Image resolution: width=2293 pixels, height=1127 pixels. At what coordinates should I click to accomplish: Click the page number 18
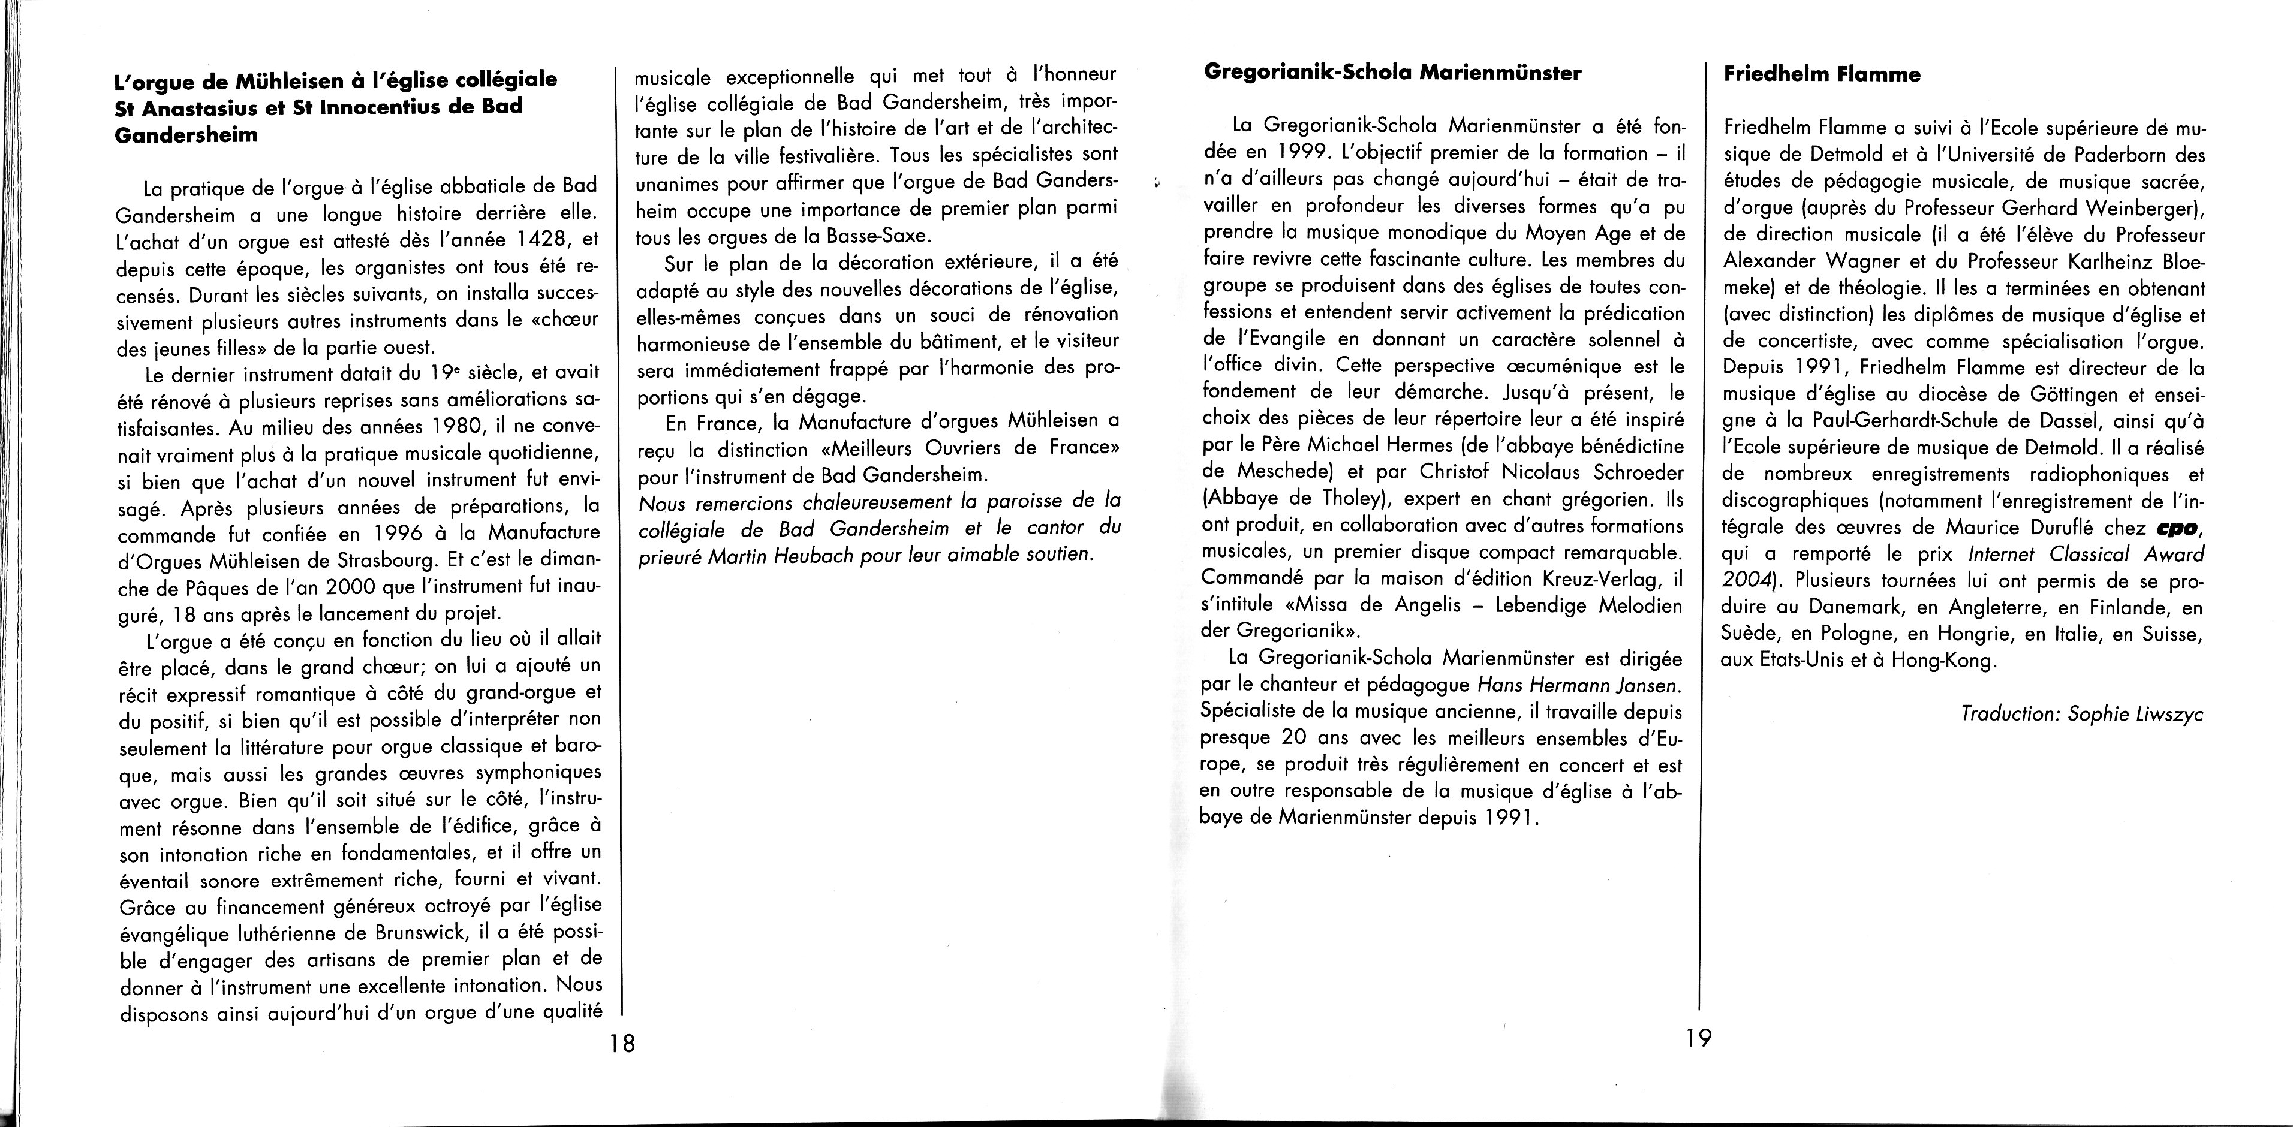click(x=622, y=1042)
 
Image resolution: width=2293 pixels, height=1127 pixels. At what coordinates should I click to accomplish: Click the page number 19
click(x=1698, y=1038)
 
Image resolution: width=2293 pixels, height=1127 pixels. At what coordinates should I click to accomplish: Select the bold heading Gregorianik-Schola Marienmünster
click(x=1392, y=73)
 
